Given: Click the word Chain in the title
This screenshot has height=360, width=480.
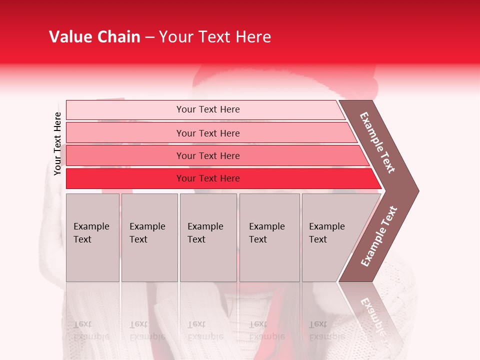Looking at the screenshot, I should coord(117,37).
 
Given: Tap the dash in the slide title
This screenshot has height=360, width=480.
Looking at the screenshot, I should coord(149,37).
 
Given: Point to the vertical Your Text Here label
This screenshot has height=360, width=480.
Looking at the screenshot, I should coord(57,144).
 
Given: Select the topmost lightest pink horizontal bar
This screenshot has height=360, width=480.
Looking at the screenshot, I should coord(207,109).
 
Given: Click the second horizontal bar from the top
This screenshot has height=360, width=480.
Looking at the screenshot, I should coord(207,133).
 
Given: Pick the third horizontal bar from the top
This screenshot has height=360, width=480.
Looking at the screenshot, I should coord(207,156).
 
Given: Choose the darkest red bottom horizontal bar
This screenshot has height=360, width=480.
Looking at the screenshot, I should coord(207,178).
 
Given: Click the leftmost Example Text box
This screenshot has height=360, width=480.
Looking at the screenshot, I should coord(92,237).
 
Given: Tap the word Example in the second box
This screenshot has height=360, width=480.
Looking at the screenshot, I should coord(147,226).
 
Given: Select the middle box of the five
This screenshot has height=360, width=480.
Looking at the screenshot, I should coord(208,237).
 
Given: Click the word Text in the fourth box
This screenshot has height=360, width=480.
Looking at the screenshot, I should coord(258,239).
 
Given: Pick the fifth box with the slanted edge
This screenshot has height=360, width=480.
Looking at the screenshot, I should coord(330,237).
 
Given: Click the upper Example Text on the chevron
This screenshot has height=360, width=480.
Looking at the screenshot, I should coord(377,142).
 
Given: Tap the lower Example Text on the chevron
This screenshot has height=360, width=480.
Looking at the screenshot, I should coord(378,236).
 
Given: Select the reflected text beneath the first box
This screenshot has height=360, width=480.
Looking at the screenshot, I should coord(91,330).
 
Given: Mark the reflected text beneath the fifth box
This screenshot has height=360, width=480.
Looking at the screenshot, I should coord(326,330).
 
